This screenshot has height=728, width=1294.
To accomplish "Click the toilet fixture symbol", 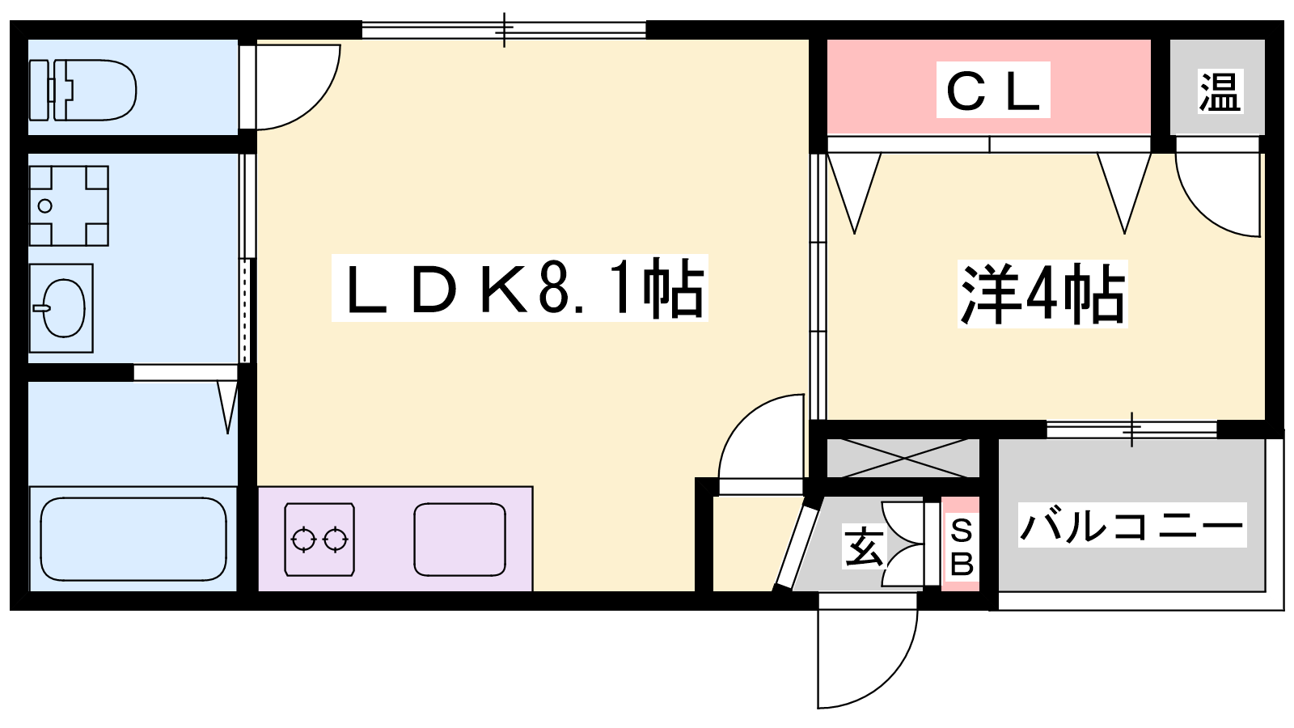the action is click(82, 90).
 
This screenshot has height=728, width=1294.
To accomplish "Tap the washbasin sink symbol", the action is click(61, 308).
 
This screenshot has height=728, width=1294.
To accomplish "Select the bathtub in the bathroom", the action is click(133, 539).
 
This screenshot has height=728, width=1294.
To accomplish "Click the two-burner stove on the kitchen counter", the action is click(319, 540).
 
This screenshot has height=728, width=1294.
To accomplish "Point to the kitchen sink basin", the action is click(460, 540).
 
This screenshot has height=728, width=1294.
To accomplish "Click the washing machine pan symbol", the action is click(69, 205).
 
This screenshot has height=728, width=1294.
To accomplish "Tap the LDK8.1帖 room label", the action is click(520, 288).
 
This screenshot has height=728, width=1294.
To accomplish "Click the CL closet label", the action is click(993, 90).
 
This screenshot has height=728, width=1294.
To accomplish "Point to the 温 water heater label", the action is click(1220, 91).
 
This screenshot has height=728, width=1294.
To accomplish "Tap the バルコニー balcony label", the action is click(1132, 525).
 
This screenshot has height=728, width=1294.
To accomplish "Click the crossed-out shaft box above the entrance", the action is click(903, 458).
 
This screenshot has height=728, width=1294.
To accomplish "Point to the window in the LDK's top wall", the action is click(504, 29).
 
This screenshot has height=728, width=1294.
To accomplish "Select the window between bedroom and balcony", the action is click(1132, 430).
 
